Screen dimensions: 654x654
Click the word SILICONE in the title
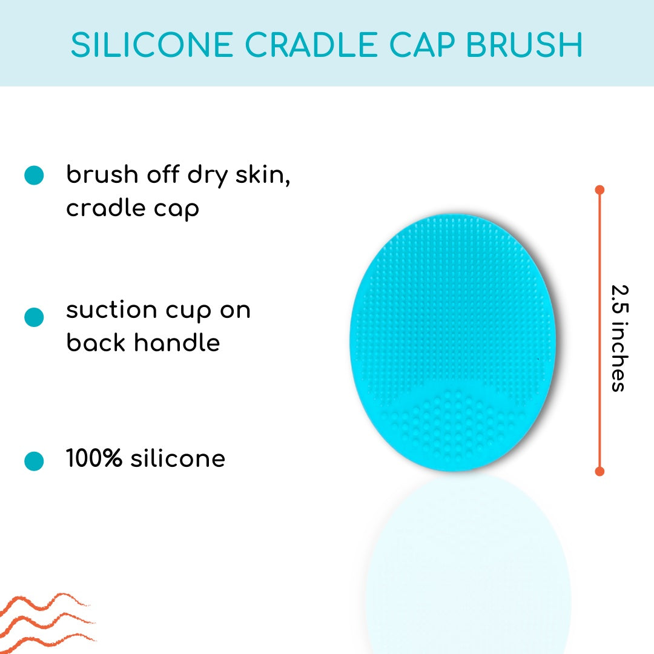[x=152, y=45]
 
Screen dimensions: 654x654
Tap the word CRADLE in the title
[x=311, y=45]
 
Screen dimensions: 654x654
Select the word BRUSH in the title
[x=524, y=45]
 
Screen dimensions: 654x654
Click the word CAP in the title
[x=421, y=45]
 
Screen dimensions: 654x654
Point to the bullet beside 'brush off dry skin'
[x=34, y=175]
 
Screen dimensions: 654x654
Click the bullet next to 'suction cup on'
[x=34, y=317]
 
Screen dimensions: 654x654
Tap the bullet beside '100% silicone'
[x=34, y=461]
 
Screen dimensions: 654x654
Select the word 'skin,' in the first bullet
[x=263, y=174]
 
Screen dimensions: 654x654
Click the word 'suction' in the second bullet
[x=111, y=310]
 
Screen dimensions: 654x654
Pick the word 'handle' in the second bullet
[x=177, y=342]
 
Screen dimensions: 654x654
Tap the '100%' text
[x=94, y=458]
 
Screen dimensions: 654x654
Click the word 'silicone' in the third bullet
[x=178, y=458]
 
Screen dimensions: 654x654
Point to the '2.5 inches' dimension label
[x=620, y=339]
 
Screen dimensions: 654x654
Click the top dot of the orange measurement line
[x=599, y=190]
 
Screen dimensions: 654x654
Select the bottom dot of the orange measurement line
[x=599, y=471]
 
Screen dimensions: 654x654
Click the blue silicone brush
[x=452, y=342]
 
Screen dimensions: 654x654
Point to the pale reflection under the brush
[x=467, y=563]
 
